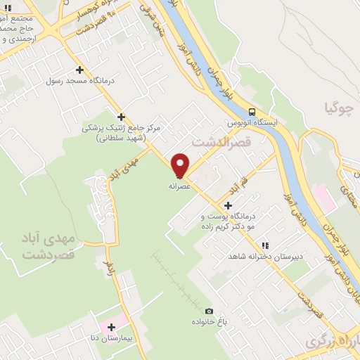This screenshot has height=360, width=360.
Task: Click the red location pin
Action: [x=181, y=165]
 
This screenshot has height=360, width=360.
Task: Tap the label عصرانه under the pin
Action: [x=179, y=187]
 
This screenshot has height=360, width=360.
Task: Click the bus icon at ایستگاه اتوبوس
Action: [x=252, y=111]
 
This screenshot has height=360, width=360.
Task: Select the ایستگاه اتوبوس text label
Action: [x=252, y=122]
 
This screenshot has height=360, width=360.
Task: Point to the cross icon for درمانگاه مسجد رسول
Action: [x=79, y=70]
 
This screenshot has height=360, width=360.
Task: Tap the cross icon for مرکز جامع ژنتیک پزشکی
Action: [x=122, y=117]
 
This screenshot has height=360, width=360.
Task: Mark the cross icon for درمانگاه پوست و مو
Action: [x=227, y=205]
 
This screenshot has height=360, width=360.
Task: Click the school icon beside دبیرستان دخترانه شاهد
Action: [x=265, y=245]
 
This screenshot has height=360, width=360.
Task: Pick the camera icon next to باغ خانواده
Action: [x=209, y=311]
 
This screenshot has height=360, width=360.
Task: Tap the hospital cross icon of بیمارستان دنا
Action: [x=110, y=326]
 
